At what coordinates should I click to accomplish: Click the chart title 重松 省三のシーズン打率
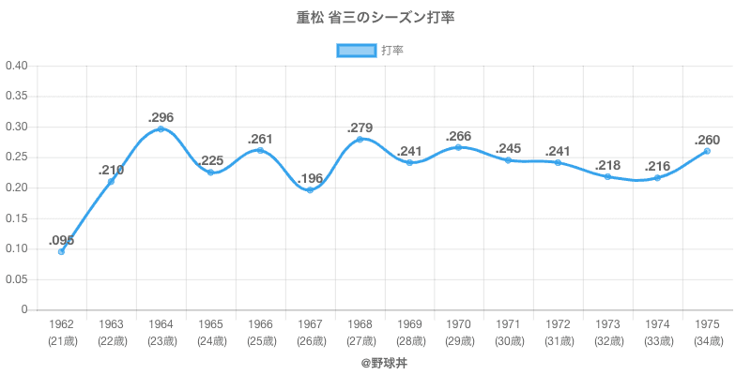pyautogui.click(x=375, y=18)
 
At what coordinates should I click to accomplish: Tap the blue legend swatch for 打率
pyautogui.click(x=356, y=51)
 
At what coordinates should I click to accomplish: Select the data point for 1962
pyautogui.click(x=62, y=251)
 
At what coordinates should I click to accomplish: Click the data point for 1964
pyautogui.click(x=161, y=128)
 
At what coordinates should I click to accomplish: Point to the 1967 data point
pyautogui.click(x=310, y=190)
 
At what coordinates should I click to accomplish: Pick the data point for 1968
pyautogui.click(x=360, y=140)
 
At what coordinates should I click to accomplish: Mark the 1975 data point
pyautogui.click(x=707, y=151)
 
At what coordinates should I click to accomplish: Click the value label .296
pyautogui.click(x=161, y=117)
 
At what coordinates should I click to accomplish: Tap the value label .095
pyautogui.click(x=62, y=240)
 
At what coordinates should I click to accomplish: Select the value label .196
pyautogui.click(x=310, y=179)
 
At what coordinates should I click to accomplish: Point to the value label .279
pyautogui.click(x=360, y=127)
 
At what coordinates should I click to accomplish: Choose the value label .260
pyautogui.click(x=707, y=140)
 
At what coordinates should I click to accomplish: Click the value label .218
pyautogui.click(x=607, y=165)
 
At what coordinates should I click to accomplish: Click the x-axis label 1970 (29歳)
pyautogui.click(x=459, y=332)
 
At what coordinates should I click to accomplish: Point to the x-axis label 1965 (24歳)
pyautogui.click(x=211, y=332)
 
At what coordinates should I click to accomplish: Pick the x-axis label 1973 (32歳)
pyautogui.click(x=607, y=332)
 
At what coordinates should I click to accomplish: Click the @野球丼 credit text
pyautogui.click(x=375, y=361)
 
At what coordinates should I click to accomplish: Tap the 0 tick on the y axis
pyautogui.click(x=24, y=310)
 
